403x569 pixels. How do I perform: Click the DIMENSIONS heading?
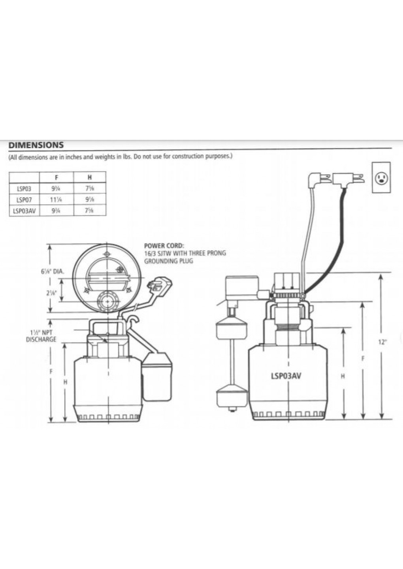pyautogui.click(x=36, y=145)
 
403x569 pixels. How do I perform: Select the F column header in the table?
pyautogui.click(x=56, y=178)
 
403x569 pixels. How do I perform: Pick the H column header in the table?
pyautogui.click(x=90, y=178)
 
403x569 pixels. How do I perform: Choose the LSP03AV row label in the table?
pyautogui.click(x=24, y=210)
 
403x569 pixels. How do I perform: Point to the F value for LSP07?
pyautogui.click(x=56, y=200)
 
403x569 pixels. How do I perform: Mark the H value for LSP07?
pyautogui.click(x=90, y=200)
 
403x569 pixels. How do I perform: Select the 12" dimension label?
pyautogui.click(x=382, y=342)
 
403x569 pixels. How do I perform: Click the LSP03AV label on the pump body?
pyautogui.click(x=286, y=376)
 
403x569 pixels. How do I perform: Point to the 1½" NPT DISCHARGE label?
pyautogui.click(x=41, y=336)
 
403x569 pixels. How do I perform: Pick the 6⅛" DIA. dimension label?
pyautogui.click(x=52, y=272)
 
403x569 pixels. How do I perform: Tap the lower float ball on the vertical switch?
pyautogui.click(x=231, y=396)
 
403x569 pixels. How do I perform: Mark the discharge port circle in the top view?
pyautogui.click(x=107, y=301)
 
